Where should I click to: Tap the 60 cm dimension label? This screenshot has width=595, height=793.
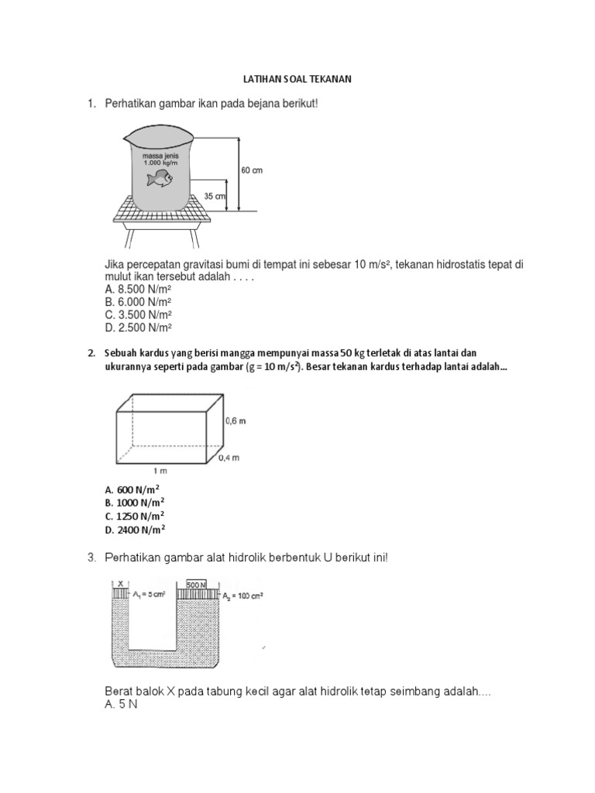click(x=252, y=170)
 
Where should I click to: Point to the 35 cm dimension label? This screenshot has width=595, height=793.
click(x=215, y=197)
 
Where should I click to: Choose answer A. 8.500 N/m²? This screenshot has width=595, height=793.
click(x=138, y=290)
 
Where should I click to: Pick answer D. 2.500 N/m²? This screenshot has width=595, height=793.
click(x=138, y=328)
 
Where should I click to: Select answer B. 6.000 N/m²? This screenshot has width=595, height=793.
click(x=138, y=303)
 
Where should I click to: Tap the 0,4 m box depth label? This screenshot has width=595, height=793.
click(x=230, y=458)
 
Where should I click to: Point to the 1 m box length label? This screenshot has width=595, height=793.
click(x=160, y=470)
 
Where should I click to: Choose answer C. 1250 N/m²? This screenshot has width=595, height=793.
click(x=135, y=516)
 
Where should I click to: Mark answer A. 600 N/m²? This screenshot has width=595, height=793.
click(x=132, y=489)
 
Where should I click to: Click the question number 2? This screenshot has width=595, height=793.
click(x=91, y=353)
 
